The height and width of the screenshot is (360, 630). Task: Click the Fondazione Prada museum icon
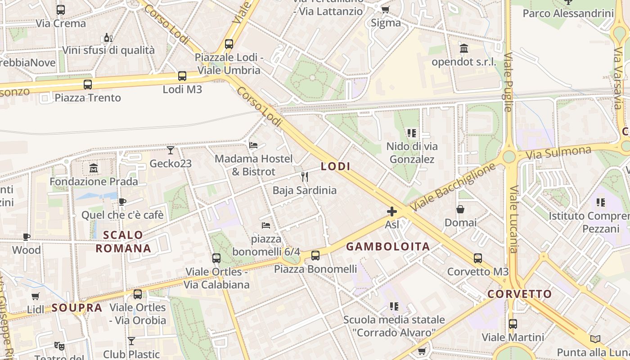click(x=94, y=168)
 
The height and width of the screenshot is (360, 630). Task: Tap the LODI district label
click(x=335, y=166)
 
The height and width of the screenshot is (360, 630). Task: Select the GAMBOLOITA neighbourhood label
click(x=388, y=247)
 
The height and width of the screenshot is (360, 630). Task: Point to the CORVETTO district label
click(x=520, y=294)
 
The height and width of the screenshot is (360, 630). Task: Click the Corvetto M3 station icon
click(x=478, y=258)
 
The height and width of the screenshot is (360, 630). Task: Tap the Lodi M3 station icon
click(x=182, y=76)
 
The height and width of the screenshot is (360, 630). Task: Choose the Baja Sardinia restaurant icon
click(x=305, y=177)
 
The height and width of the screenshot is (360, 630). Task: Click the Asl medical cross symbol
click(x=392, y=211)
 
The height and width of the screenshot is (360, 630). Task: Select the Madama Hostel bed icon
click(x=253, y=145)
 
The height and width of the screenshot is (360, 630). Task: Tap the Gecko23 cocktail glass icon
click(x=171, y=150)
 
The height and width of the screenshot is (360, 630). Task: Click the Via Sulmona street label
click(x=558, y=153)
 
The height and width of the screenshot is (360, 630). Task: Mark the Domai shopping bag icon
click(x=460, y=209)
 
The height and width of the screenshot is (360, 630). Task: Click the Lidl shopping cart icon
click(x=36, y=296)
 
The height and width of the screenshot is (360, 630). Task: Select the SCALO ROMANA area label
click(x=123, y=242)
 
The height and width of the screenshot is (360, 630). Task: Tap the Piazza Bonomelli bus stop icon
click(x=315, y=256)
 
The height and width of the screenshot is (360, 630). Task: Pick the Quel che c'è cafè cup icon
click(x=122, y=202)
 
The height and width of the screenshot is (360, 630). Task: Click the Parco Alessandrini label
click(x=568, y=13)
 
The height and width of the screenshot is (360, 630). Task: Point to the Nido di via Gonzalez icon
click(x=412, y=133)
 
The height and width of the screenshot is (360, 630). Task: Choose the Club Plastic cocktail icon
click(x=131, y=341)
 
